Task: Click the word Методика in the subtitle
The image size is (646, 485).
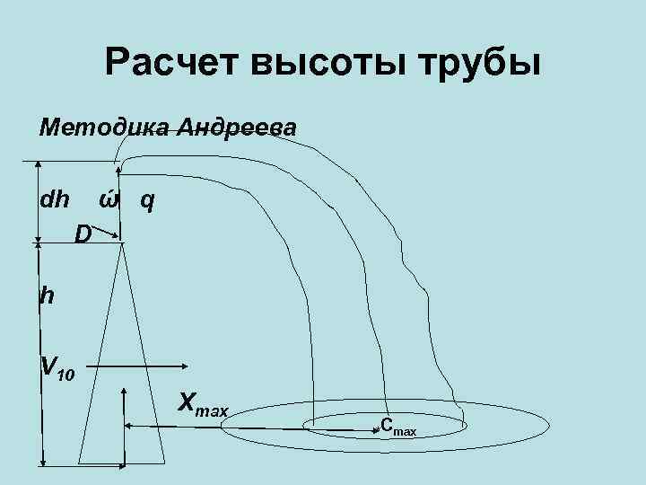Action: tap(104, 128)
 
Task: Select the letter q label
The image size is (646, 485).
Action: tap(147, 200)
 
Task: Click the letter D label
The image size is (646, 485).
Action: tap(83, 235)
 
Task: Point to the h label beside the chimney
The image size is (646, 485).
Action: tap(46, 295)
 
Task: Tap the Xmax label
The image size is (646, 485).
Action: tap(203, 403)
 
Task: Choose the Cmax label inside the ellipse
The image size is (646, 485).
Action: tap(397, 428)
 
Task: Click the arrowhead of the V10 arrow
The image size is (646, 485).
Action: tap(182, 366)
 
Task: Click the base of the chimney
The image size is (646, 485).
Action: tap(120, 463)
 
